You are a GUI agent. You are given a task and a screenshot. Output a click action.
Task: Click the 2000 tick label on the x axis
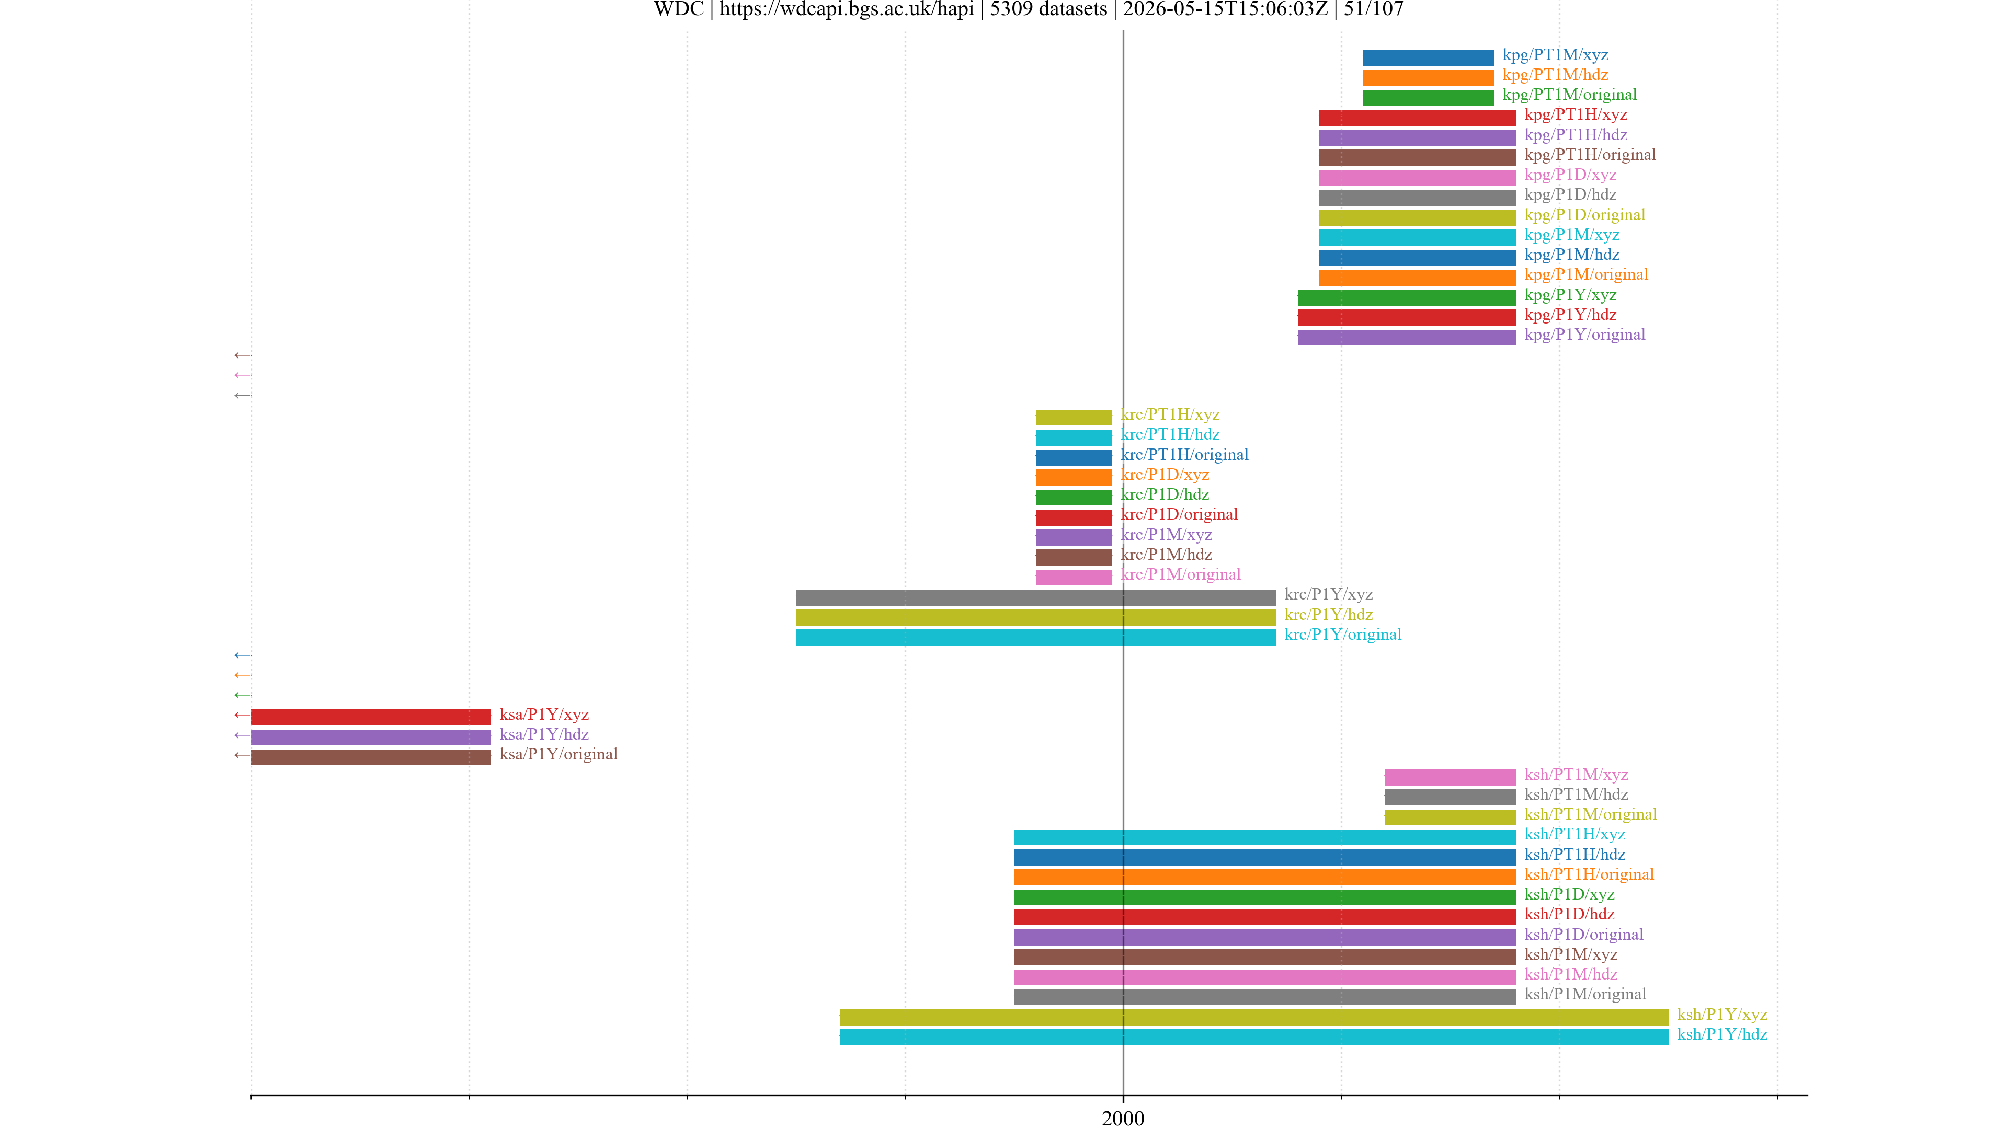coord(1123,1118)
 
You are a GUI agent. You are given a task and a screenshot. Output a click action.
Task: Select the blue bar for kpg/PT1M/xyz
coord(1428,57)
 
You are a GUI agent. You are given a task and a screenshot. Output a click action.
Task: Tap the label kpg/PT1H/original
coord(1590,154)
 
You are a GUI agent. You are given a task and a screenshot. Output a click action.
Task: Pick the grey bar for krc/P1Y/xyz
coord(1036,597)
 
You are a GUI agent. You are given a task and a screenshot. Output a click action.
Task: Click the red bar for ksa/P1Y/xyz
coord(371,717)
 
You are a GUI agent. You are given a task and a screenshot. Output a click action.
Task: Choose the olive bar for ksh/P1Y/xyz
coord(1253,1017)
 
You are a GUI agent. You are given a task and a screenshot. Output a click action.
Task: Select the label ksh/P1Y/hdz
coord(1722,1034)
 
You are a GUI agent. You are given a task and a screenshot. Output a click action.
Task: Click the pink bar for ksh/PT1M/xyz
coord(1450,777)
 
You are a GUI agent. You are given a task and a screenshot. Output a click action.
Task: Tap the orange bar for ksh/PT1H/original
coord(1264,877)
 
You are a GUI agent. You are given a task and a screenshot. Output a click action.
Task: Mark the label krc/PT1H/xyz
coord(1170,414)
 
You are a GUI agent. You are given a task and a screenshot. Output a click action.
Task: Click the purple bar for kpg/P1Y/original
coord(1406,337)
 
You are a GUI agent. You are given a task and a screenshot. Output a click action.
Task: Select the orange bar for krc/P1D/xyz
coord(1074,477)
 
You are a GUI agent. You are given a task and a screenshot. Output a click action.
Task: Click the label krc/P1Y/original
coord(1342,634)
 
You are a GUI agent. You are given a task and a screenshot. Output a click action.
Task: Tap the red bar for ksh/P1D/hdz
coord(1264,916)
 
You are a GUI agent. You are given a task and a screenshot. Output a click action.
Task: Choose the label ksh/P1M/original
coord(1585,994)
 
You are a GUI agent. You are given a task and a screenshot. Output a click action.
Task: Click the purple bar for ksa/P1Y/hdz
coord(371,737)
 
